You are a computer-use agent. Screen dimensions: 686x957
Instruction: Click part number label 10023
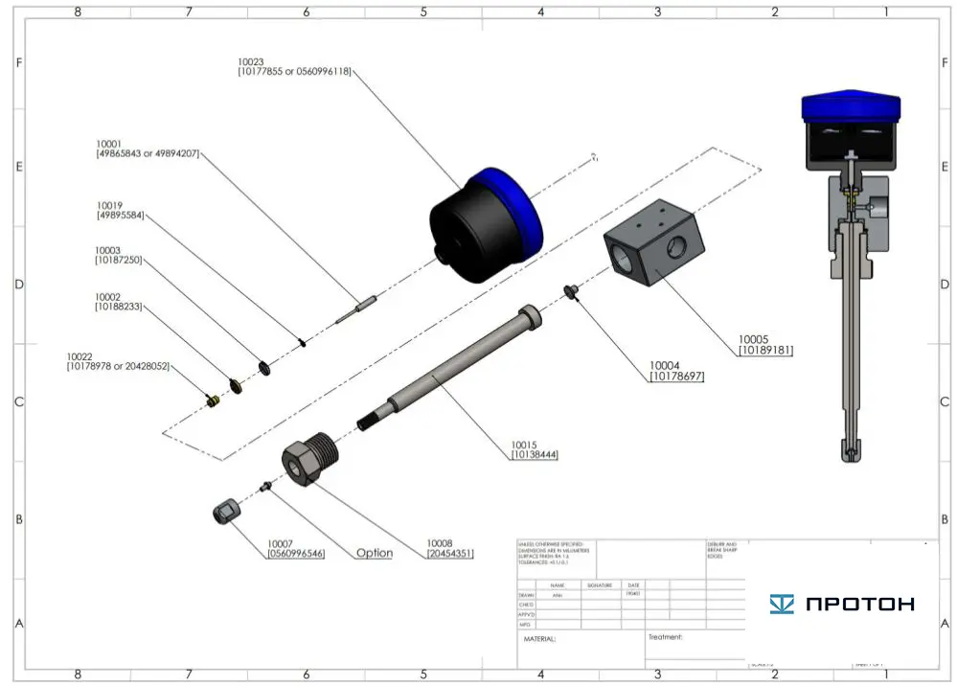pos(252,61)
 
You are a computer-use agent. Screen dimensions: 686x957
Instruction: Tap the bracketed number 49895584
pos(120,216)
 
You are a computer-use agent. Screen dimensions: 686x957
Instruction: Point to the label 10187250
pos(118,260)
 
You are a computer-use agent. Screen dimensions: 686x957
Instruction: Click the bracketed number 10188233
pos(118,307)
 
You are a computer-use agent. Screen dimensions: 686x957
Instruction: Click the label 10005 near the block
pos(752,338)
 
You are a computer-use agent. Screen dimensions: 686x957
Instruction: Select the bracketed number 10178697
pos(676,377)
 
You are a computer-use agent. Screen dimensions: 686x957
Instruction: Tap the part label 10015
pos(525,445)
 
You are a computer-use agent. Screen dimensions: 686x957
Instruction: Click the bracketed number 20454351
pos(450,553)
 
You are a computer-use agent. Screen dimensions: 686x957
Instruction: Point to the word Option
pos(375,553)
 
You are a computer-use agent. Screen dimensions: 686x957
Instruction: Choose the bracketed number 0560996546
pos(295,553)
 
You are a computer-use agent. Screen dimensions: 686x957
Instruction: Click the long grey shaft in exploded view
pos(450,369)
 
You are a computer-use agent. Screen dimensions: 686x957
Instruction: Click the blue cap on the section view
pos(852,106)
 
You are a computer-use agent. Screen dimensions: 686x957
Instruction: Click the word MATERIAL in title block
pos(539,638)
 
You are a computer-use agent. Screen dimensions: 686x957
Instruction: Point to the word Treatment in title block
pos(665,636)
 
